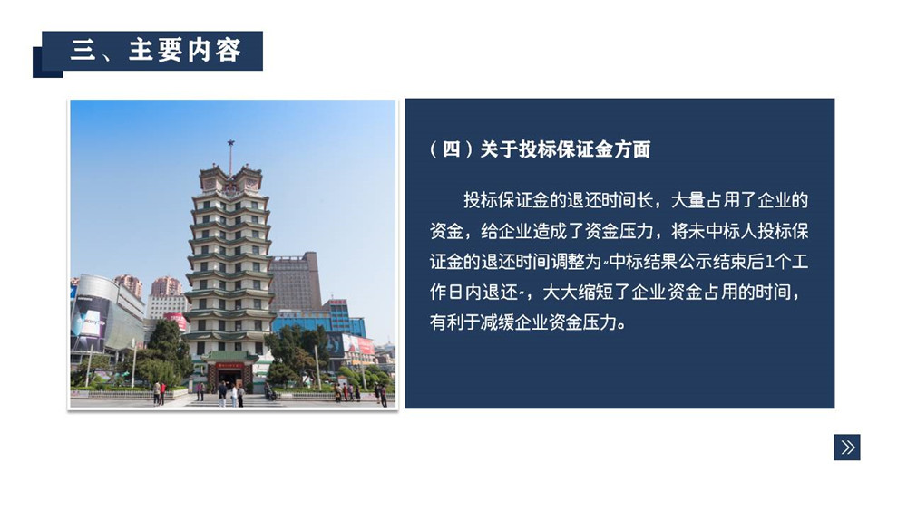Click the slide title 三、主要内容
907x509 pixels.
(155, 50)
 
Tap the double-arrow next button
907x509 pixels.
(847, 447)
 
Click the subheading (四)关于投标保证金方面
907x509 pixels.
(541, 149)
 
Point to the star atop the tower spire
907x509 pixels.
(230, 143)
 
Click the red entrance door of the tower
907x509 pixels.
(230, 378)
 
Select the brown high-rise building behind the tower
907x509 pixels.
(297, 282)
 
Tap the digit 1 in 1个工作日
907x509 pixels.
(769, 263)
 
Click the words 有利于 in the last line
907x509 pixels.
(454, 322)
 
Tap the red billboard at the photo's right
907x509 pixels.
(366, 345)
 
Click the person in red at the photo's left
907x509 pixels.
(162, 393)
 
